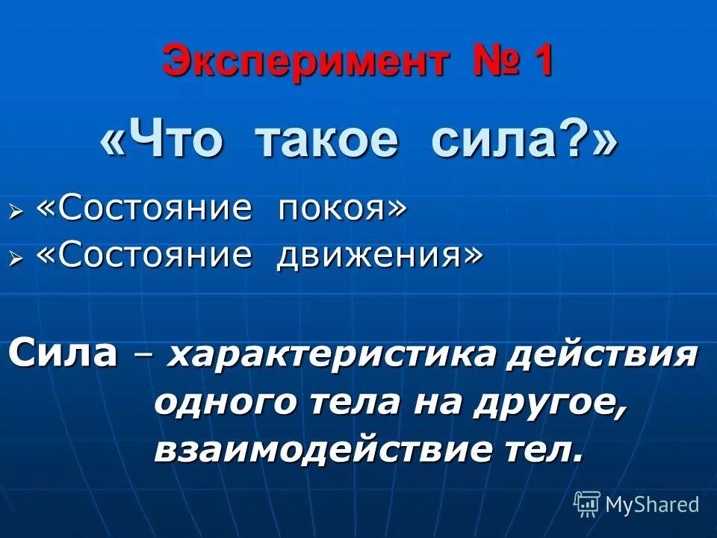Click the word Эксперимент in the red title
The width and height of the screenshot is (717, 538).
click(x=305, y=61)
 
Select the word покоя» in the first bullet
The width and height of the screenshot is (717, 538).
click(x=343, y=209)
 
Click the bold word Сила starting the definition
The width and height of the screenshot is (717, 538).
click(x=63, y=353)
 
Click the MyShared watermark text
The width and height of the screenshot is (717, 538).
click(x=652, y=504)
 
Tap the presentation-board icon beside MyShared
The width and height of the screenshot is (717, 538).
click(x=587, y=504)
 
